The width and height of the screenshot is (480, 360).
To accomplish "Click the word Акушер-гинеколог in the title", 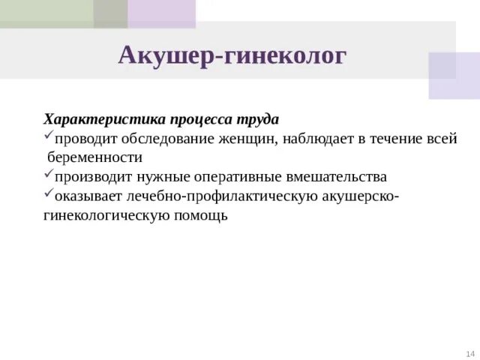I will [x=233, y=55].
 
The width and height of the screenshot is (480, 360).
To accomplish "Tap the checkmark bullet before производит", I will [x=48, y=176].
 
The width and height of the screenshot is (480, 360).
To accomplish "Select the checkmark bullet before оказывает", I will [x=48, y=195].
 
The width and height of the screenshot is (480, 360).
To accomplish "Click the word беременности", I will [x=95, y=158].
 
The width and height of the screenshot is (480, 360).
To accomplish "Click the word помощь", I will [x=200, y=216].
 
